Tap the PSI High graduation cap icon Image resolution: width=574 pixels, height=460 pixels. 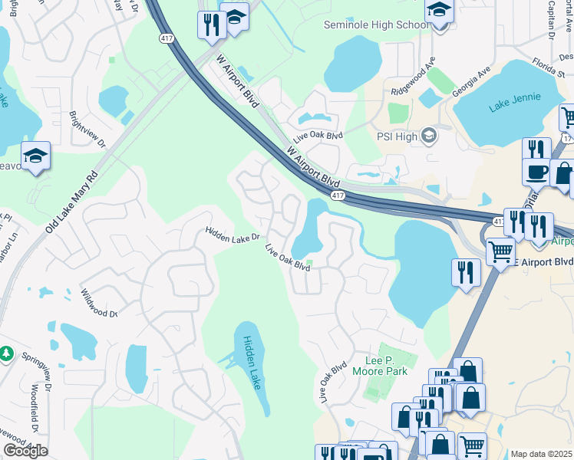click(x=429, y=136)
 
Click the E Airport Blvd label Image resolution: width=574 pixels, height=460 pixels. click(x=544, y=261)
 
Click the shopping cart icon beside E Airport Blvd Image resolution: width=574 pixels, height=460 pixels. click(x=500, y=250)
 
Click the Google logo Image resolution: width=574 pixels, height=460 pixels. click(x=25, y=451)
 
